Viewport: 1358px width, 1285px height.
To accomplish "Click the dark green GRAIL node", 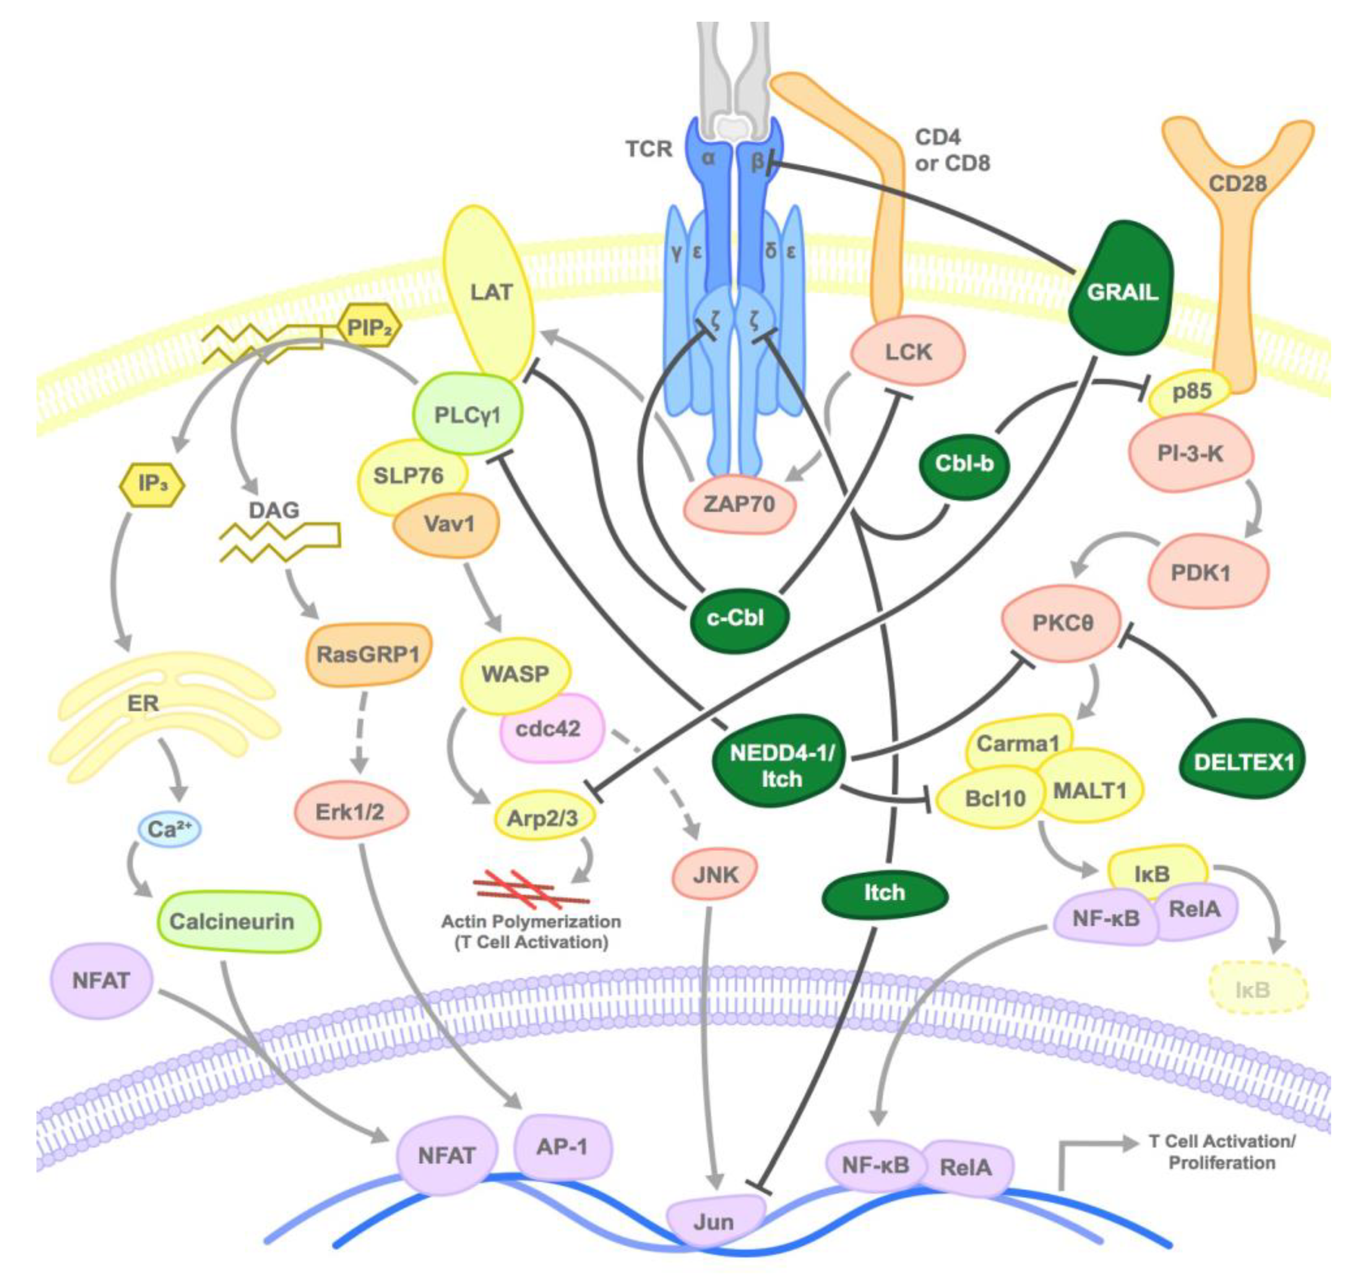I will pos(1121,291).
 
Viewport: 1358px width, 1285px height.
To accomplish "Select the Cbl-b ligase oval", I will pos(964,464).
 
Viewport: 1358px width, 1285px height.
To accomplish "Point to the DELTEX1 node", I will pos(1241,762).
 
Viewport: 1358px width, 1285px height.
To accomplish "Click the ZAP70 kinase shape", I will pos(739,504).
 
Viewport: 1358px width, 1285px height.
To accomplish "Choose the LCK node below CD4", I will pos(908,352).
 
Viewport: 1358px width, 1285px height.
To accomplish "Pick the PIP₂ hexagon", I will pos(369,328).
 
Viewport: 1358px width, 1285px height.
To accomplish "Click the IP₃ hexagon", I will pos(152,484).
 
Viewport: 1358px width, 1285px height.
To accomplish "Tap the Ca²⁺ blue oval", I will pos(169,829).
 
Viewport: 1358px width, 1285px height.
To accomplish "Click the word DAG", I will pos(274,510).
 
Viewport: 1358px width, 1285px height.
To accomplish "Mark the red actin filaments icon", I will pos(531,888).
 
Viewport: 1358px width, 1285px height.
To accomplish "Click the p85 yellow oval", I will pos(1191,392).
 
